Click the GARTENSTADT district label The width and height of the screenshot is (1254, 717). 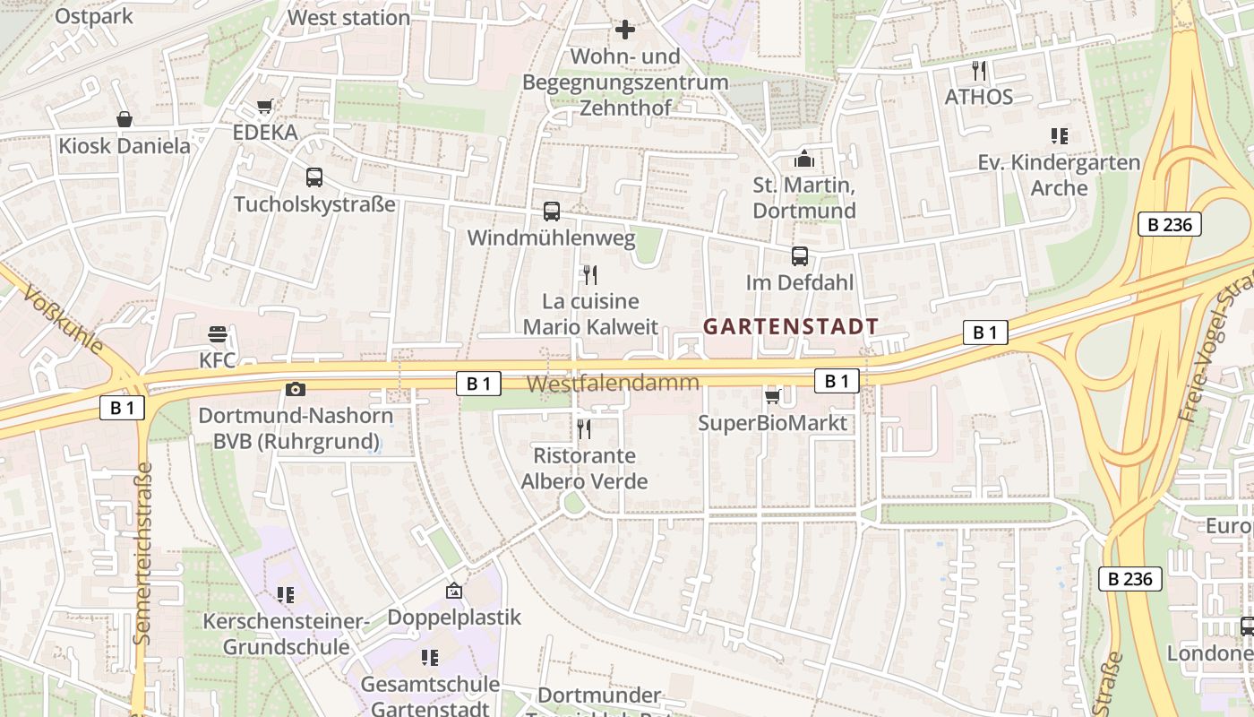tap(790, 327)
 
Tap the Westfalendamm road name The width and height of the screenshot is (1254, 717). tap(612, 384)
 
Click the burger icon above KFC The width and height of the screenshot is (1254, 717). tap(218, 335)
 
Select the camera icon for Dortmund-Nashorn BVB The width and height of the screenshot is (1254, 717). tap(295, 389)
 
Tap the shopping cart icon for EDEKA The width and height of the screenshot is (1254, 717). tap(264, 107)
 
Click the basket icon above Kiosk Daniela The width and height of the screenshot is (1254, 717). tap(125, 119)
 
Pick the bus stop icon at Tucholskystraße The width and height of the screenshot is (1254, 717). tap(313, 177)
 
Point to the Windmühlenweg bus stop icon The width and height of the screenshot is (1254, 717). tap(552, 212)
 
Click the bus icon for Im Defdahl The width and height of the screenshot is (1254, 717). tap(800, 256)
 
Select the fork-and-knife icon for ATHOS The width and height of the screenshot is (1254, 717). tap(979, 70)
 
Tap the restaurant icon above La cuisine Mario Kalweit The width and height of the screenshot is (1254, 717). tap(589, 274)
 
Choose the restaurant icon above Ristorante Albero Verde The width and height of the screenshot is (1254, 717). tap(584, 429)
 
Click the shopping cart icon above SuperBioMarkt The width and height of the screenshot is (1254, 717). tap(772, 396)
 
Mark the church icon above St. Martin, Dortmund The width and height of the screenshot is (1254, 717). tap(804, 160)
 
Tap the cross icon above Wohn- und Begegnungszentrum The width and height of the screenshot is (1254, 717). tap(625, 30)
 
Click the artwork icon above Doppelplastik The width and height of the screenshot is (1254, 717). tap(454, 592)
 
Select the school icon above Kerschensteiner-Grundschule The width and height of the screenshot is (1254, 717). tap(286, 595)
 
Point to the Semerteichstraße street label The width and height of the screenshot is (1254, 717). tap(142, 553)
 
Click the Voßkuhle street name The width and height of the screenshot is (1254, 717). tap(64, 320)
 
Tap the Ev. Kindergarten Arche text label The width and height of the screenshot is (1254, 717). tap(1059, 175)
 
